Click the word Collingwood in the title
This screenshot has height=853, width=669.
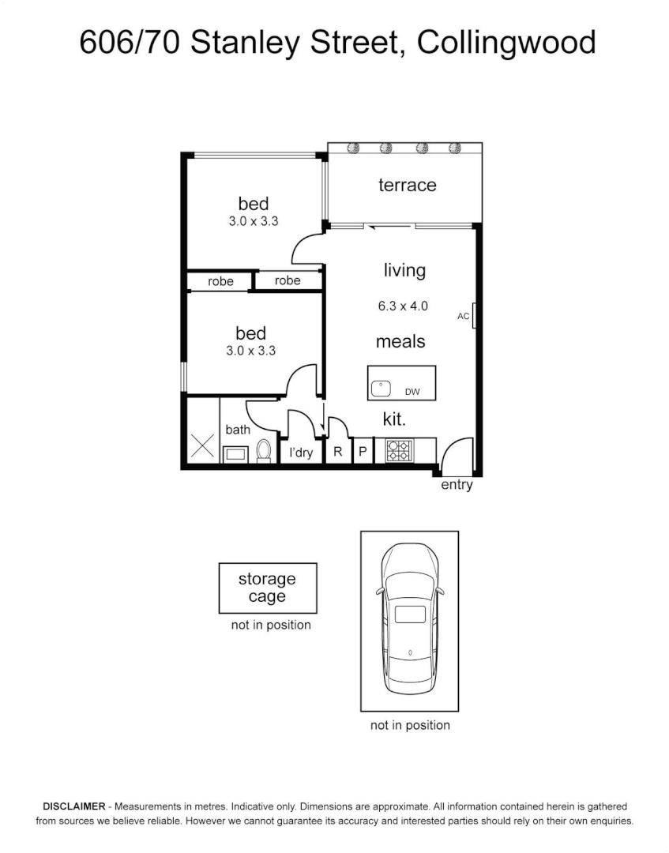tap(506, 42)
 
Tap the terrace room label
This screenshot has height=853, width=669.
tap(407, 185)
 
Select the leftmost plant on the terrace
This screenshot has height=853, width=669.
tap(353, 148)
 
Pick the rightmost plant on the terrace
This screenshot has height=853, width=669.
tap(455, 148)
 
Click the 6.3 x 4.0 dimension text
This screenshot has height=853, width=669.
tap(403, 306)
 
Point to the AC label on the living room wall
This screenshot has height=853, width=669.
tap(464, 317)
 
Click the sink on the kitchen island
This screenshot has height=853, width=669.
tap(381, 388)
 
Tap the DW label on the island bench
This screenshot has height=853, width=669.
tap(412, 391)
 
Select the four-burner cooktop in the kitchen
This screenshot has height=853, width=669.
tap(398, 451)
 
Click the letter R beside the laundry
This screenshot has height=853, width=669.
tap(338, 452)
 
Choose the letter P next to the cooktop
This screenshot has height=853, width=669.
tap(363, 452)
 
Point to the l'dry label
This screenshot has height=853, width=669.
tap(301, 453)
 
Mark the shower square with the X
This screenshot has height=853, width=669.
tap(202, 446)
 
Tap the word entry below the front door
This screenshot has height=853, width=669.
tap(457, 485)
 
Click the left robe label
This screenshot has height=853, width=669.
tap(220, 281)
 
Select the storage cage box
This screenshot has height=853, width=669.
tap(267, 588)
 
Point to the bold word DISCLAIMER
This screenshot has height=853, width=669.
tap(73, 806)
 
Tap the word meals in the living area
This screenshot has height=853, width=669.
tap(400, 341)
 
